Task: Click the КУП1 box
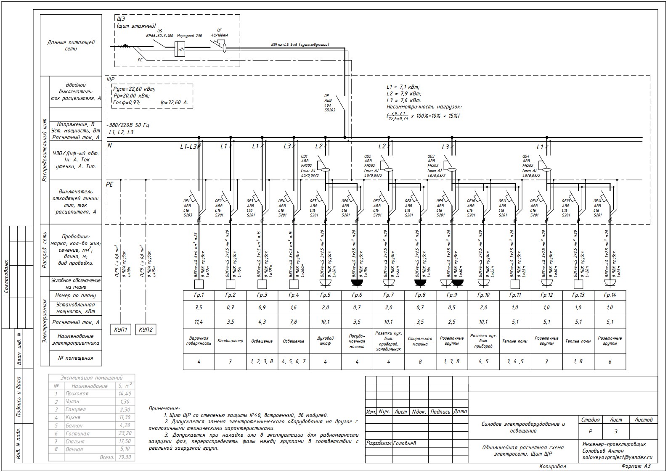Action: click(x=120, y=329)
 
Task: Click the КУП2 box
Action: click(x=146, y=329)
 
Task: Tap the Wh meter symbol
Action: click(x=180, y=50)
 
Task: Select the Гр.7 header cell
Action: click(x=388, y=295)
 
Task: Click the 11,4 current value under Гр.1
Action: click(x=199, y=322)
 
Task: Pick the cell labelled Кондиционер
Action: click(x=230, y=341)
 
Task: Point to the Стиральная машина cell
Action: click(x=420, y=341)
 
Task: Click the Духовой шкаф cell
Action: click(x=325, y=340)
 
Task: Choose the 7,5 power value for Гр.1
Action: click(x=199, y=308)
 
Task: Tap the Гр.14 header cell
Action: click(x=610, y=295)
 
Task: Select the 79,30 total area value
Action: click(x=125, y=457)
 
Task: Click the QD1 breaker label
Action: click(x=304, y=156)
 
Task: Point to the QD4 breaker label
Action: click(x=526, y=156)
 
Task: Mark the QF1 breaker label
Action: click(x=187, y=201)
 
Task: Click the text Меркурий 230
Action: click(x=190, y=36)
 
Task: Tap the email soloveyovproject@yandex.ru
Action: click(x=617, y=457)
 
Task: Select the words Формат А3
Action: click(x=636, y=466)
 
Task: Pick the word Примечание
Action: click(x=164, y=408)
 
